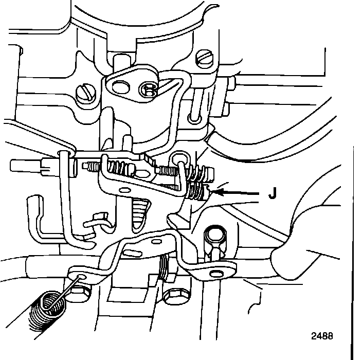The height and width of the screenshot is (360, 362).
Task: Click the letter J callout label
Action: pos(272,194)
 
